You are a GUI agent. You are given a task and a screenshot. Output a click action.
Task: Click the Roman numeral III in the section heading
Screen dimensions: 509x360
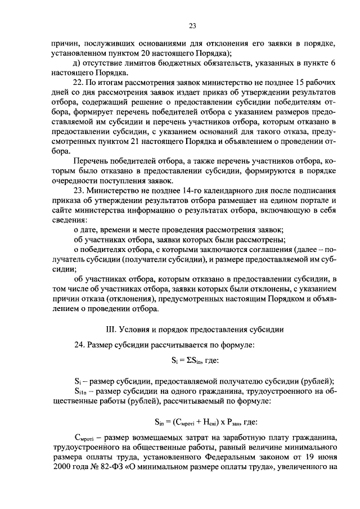102,328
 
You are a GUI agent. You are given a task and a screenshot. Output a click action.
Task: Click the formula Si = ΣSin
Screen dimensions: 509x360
191,361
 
